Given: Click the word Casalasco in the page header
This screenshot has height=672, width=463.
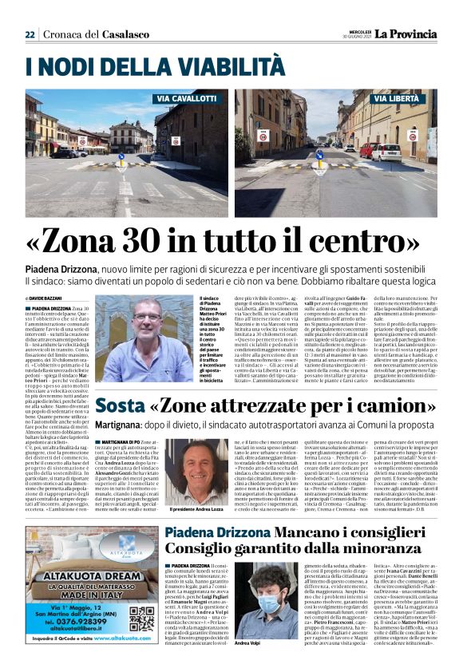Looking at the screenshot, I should tap(124, 34).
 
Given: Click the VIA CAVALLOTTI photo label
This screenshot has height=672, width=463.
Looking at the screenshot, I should tap(186, 98).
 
